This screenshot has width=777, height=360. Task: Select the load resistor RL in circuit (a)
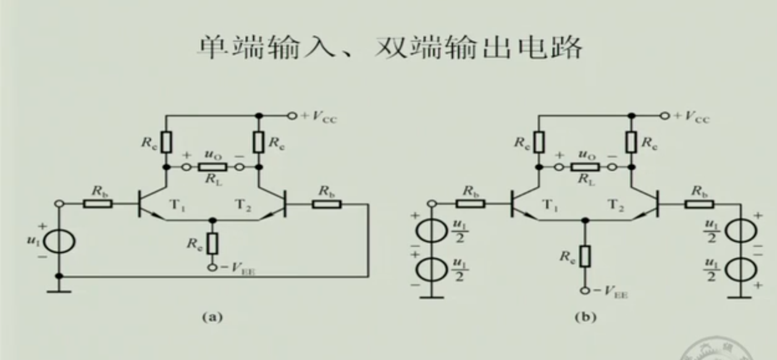pyautogui.click(x=212, y=167)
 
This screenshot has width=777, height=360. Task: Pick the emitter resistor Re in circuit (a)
pyautogui.click(x=212, y=243)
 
